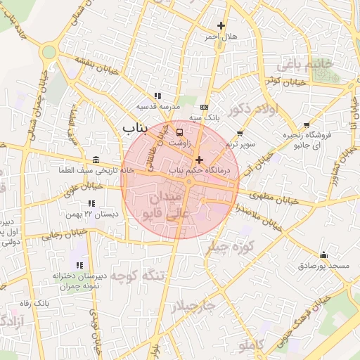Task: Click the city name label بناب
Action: click(137, 128)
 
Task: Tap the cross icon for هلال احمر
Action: click(221, 26)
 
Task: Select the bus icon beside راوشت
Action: click(179, 131)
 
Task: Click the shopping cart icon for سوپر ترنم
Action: click(240, 133)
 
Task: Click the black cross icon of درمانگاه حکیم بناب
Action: click(199, 160)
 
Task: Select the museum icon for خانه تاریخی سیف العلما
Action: click(96, 160)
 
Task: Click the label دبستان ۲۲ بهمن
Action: click(89, 213)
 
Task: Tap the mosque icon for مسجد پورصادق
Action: click(323, 255)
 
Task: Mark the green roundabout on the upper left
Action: click(49, 51)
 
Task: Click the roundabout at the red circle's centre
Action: click(188, 182)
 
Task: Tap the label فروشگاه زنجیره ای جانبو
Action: click(302, 139)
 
